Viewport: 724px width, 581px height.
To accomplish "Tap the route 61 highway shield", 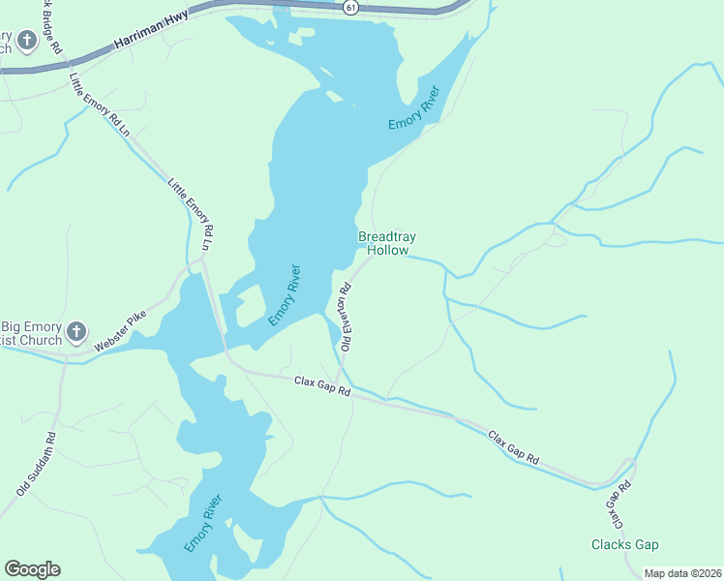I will (349, 7).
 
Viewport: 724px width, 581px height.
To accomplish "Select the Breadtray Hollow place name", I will (384, 243).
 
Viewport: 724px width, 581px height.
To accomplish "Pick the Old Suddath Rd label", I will (37, 463).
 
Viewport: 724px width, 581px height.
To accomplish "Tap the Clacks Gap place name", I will (624, 544).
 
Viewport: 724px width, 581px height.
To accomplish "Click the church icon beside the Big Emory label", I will (77, 330).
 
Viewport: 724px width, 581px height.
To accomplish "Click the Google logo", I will (32, 569).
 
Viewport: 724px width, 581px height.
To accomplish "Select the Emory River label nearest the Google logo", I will (203, 524).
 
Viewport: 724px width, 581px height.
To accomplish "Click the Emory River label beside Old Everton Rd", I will (285, 295).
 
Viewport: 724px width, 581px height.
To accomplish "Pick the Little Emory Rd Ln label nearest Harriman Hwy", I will (99, 105).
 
